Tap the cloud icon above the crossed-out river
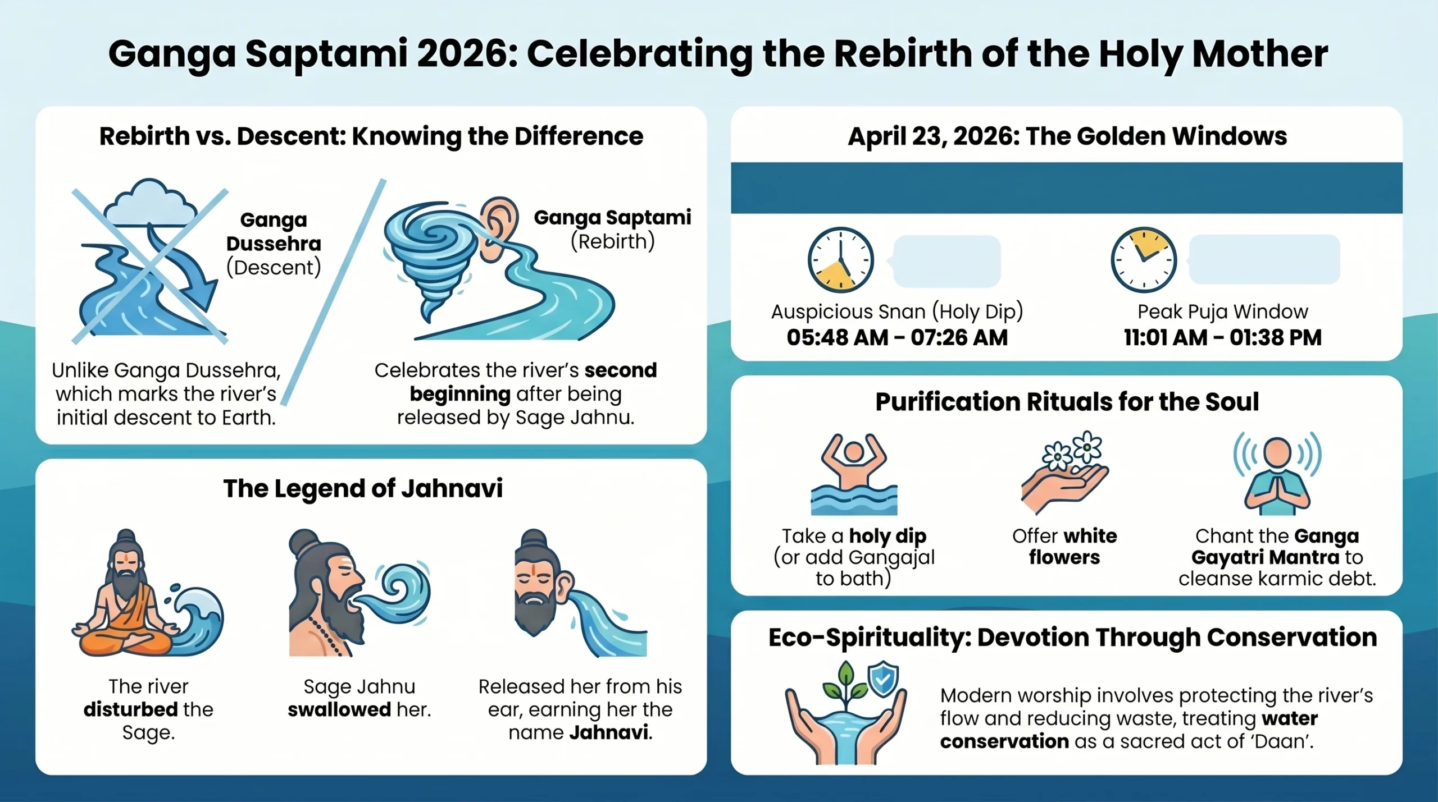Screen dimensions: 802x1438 tap(151, 202)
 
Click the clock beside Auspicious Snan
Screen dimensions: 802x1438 tap(840, 260)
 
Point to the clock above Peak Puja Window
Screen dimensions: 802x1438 tap(1144, 259)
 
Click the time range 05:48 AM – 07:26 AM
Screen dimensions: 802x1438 tap(897, 338)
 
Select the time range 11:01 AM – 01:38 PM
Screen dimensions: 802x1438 tap(1222, 338)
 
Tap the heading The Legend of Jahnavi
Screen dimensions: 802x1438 tap(363, 488)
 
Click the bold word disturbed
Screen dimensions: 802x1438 tap(130, 709)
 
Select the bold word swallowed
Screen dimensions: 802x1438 tap(339, 709)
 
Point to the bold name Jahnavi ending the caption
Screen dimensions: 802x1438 tap(609, 732)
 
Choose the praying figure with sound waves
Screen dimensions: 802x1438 tap(1277, 474)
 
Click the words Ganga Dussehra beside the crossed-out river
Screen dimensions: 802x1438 tap(274, 231)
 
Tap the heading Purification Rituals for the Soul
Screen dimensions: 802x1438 tap(1067, 402)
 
